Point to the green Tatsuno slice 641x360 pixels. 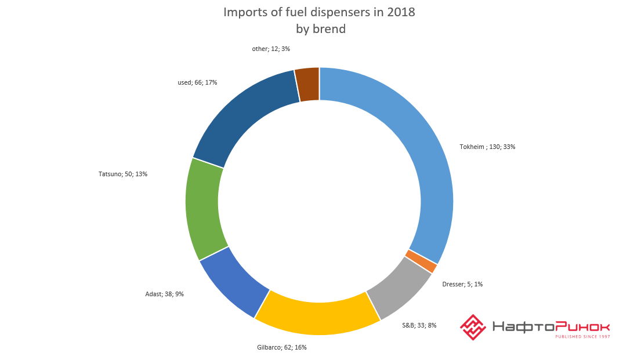[x=202, y=209]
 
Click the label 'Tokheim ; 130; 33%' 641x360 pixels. [x=487, y=147]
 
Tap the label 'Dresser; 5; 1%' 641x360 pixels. [x=462, y=284]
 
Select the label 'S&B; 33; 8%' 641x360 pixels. [x=419, y=325]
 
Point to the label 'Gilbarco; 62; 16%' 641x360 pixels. [x=281, y=347]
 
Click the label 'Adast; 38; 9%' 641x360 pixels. [x=164, y=294]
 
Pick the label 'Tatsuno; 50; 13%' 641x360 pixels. [x=123, y=173]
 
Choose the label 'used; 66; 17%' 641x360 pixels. [x=197, y=82]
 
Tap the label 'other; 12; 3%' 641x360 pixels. [x=271, y=49]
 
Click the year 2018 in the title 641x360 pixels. [x=400, y=12]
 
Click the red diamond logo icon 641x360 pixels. [x=473, y=327]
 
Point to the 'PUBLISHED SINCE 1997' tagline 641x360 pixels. [x=582, y=336]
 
